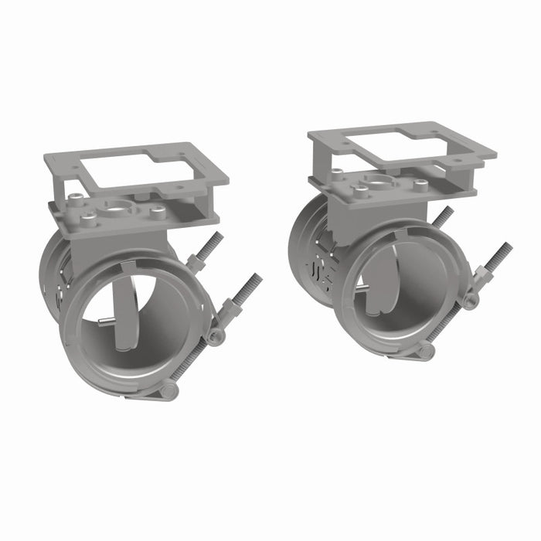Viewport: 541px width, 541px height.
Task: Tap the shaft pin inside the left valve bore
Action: click(x=107, y=324)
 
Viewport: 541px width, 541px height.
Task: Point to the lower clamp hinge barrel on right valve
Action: click(x=424, y=352)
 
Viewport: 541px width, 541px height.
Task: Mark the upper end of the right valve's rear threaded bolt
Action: click(x=447, y=212)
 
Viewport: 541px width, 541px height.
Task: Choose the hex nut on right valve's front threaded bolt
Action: click(x=481, y=272)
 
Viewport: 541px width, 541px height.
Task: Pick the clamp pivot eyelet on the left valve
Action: click(x=218, y=335)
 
